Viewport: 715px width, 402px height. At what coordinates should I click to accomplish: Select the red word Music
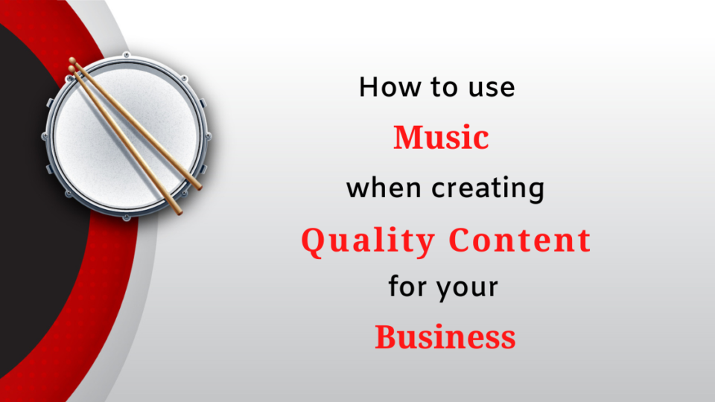[441, 137]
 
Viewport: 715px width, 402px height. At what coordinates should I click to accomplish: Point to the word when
[384, 188]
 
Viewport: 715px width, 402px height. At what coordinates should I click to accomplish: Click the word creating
[488, 189]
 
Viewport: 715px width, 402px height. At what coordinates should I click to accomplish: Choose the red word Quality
[368, 241]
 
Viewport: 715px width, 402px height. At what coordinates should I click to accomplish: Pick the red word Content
[520, 240]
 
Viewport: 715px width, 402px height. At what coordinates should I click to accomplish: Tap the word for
[407, 286]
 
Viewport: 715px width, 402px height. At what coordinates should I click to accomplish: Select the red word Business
[445, 337]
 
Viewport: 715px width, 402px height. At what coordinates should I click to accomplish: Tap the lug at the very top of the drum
[127, 55]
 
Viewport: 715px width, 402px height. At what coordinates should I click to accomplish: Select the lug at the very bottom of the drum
[127, 218]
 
